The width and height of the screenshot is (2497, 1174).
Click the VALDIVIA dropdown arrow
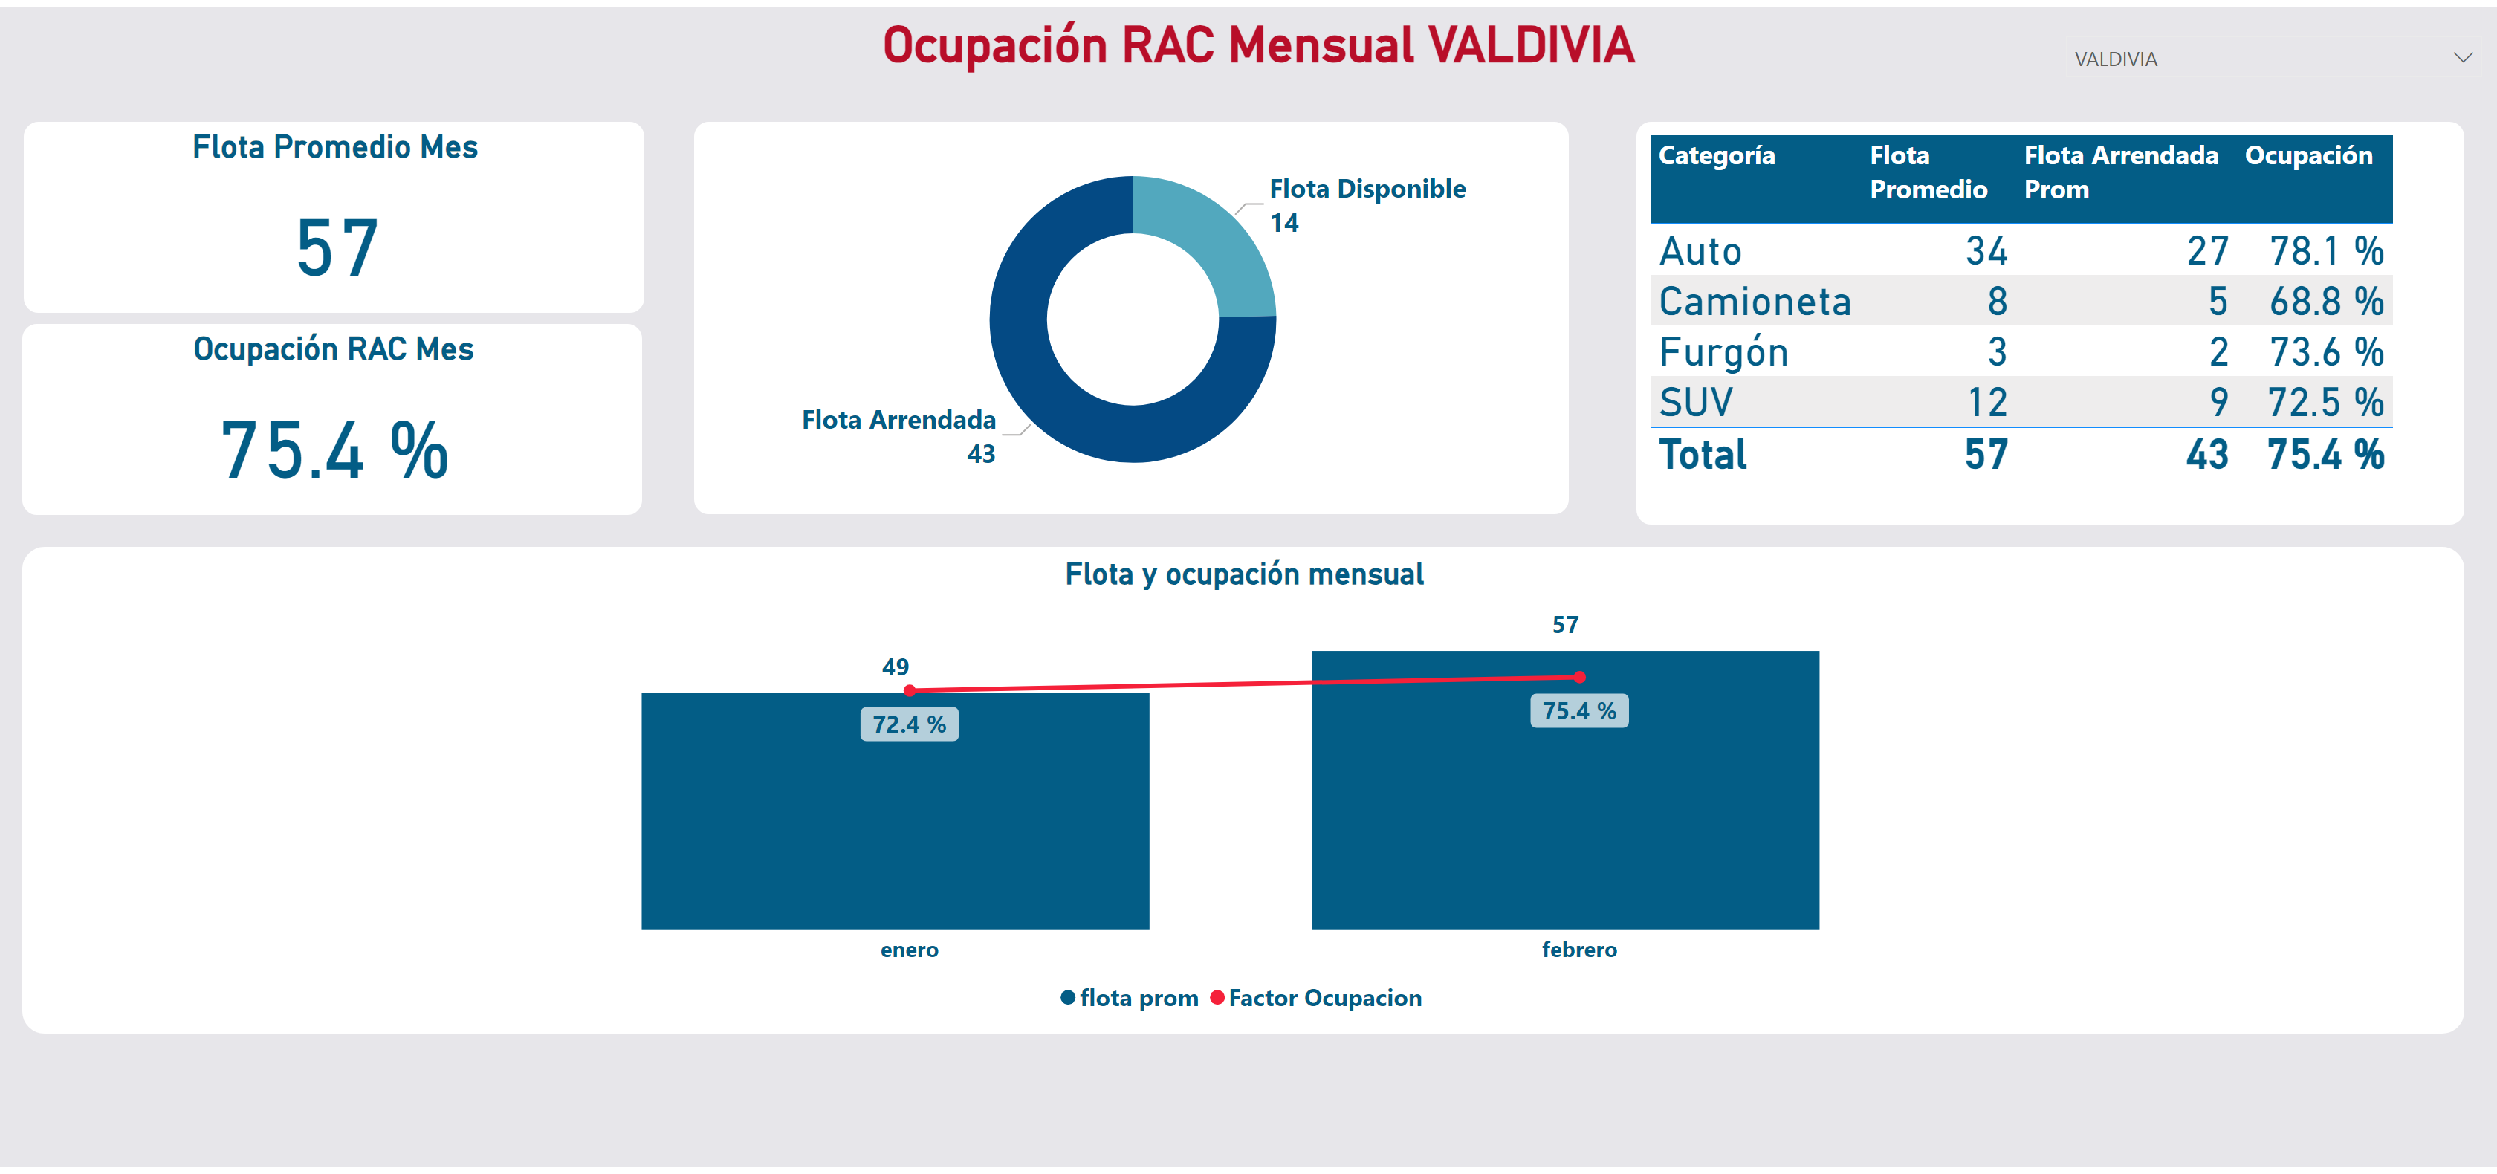(x=2462, y=58)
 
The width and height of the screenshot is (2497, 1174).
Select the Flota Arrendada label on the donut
(x=898, y=421)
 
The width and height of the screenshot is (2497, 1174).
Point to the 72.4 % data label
(x=908, y=724)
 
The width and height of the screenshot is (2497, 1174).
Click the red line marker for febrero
(x=1579, y=677)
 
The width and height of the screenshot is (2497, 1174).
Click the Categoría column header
(x=1717, y=156)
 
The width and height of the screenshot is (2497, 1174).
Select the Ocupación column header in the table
(x=2308, y=156)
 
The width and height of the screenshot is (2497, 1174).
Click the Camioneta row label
(x=1755, y=302)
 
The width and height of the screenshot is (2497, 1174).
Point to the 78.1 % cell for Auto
(x=2325, y=252)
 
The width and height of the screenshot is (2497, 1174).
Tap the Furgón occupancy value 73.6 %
(x=2325, y=353)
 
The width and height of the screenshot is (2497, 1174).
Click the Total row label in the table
(x=1702, y=455)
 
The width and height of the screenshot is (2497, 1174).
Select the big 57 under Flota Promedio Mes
(x=337, y=248)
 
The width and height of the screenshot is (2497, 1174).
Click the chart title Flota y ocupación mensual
(x=1243, y=574)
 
